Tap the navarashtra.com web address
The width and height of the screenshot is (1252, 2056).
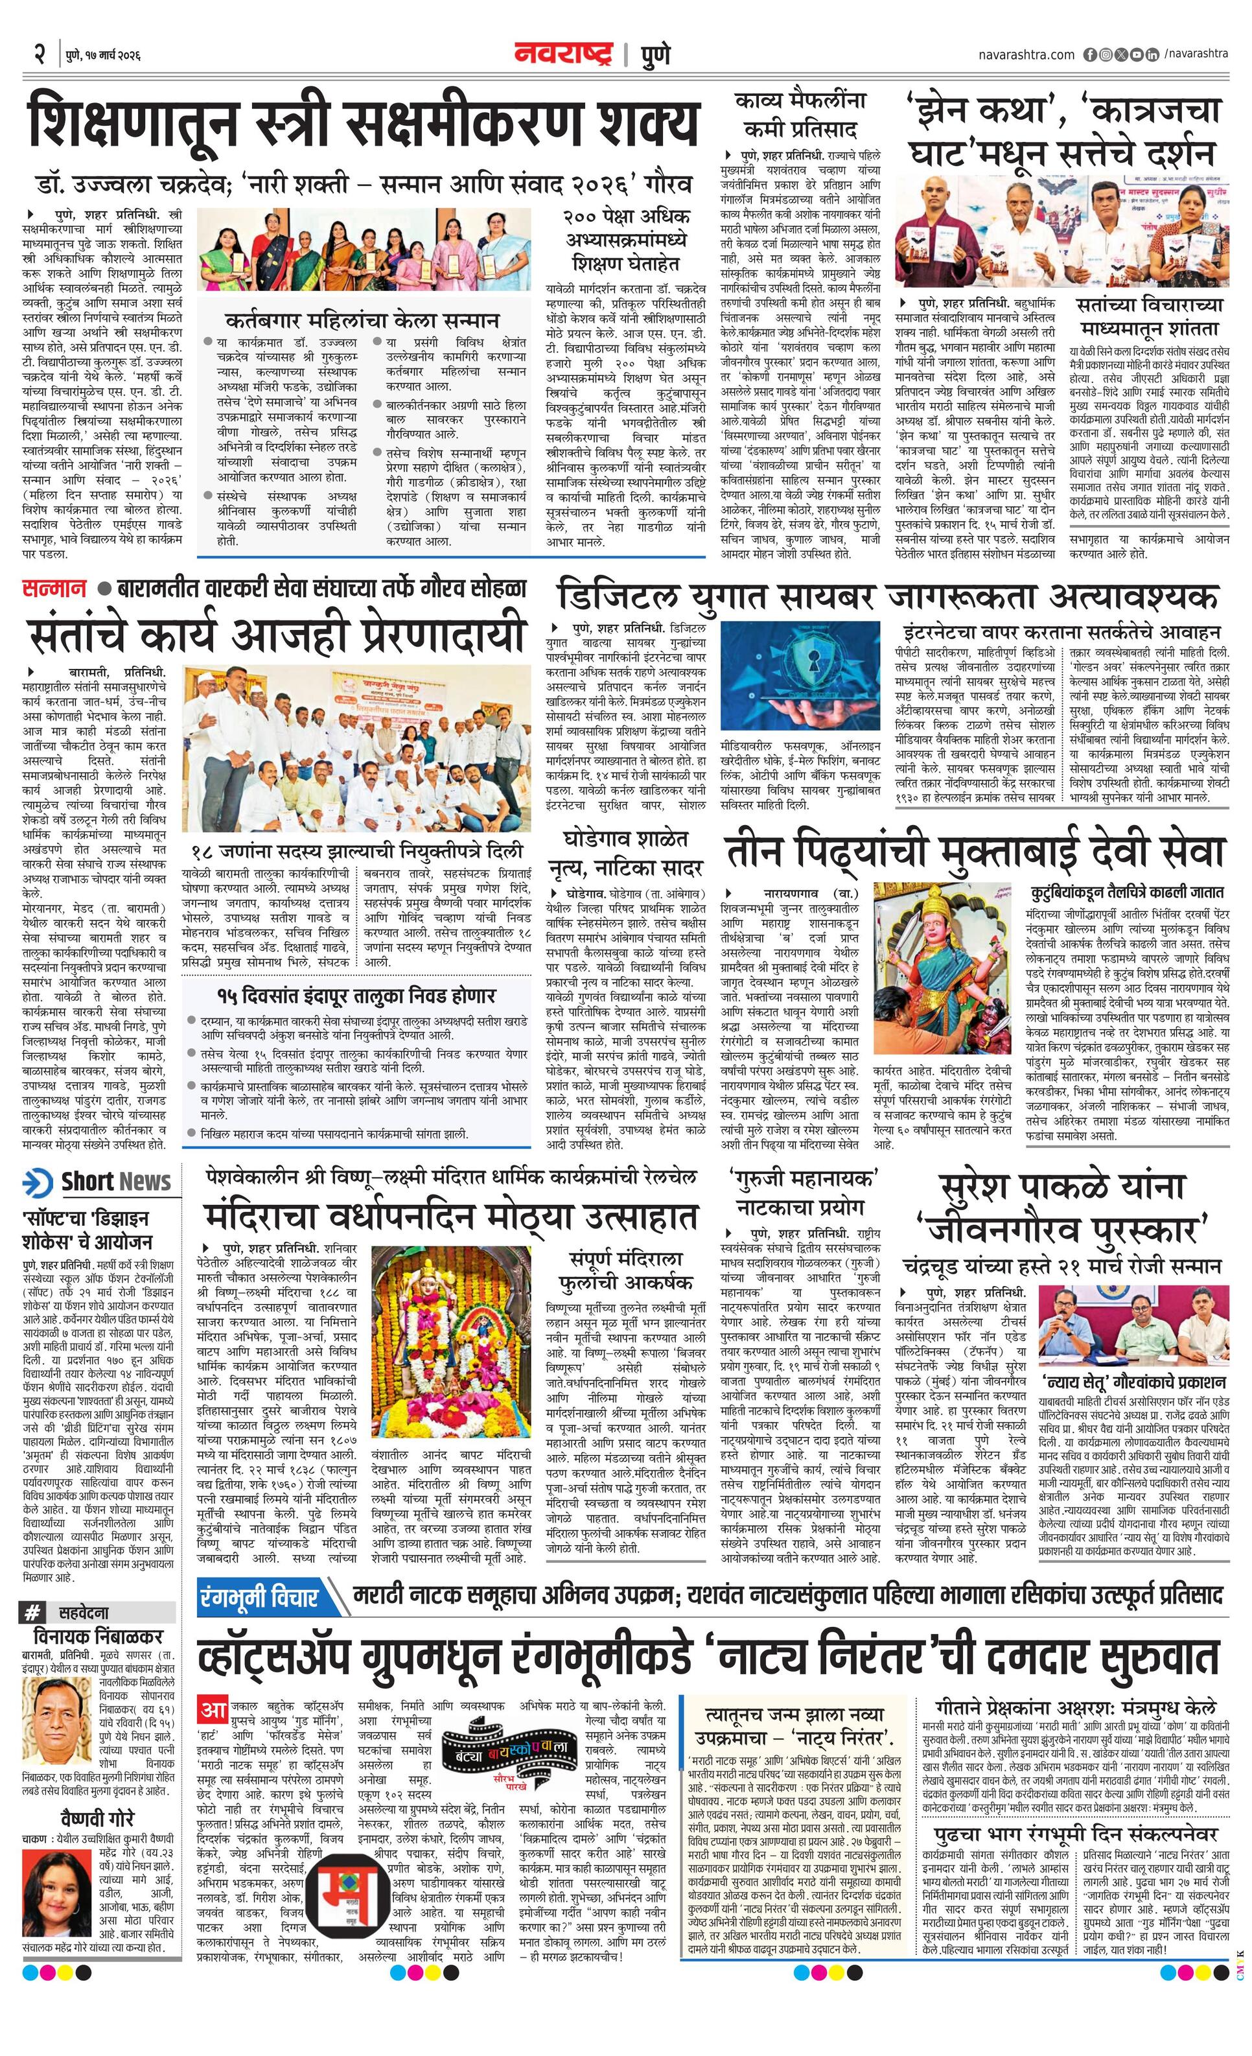pos(1026,54)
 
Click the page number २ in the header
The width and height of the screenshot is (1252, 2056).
pos(38,54)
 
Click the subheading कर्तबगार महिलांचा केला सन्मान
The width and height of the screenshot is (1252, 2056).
pos(362,320)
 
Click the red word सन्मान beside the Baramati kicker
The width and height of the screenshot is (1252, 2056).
pos(53,589)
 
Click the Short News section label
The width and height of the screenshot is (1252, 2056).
pos(96,1182)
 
